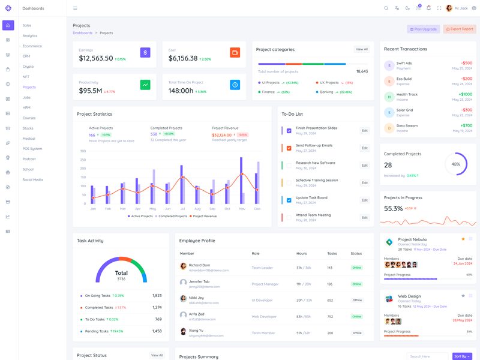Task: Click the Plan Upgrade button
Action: [x=424, y=29]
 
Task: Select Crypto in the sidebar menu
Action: [x=28, y=67]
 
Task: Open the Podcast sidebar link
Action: [x=29, y=159]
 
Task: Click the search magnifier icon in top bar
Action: [x=386, y=8]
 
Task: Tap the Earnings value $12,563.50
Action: [x=96, y=58]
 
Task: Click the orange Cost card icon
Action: [x=235, y=53]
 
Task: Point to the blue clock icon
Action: [x=235, y=85]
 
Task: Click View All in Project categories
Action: [x=361, y=49]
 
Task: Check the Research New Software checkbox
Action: [x=289, y=165]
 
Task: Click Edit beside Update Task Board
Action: [x=364, y=200]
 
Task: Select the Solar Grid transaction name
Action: [x=404, y=110]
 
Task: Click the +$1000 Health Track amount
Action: [x=465, y=94]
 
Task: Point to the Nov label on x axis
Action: [x=242, y=209]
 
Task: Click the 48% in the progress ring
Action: [x=456, y=164]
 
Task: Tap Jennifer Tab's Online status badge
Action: [x=357, y=284]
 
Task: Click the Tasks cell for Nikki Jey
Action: [x=330, y=300]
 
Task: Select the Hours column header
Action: [x=301, y=254]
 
